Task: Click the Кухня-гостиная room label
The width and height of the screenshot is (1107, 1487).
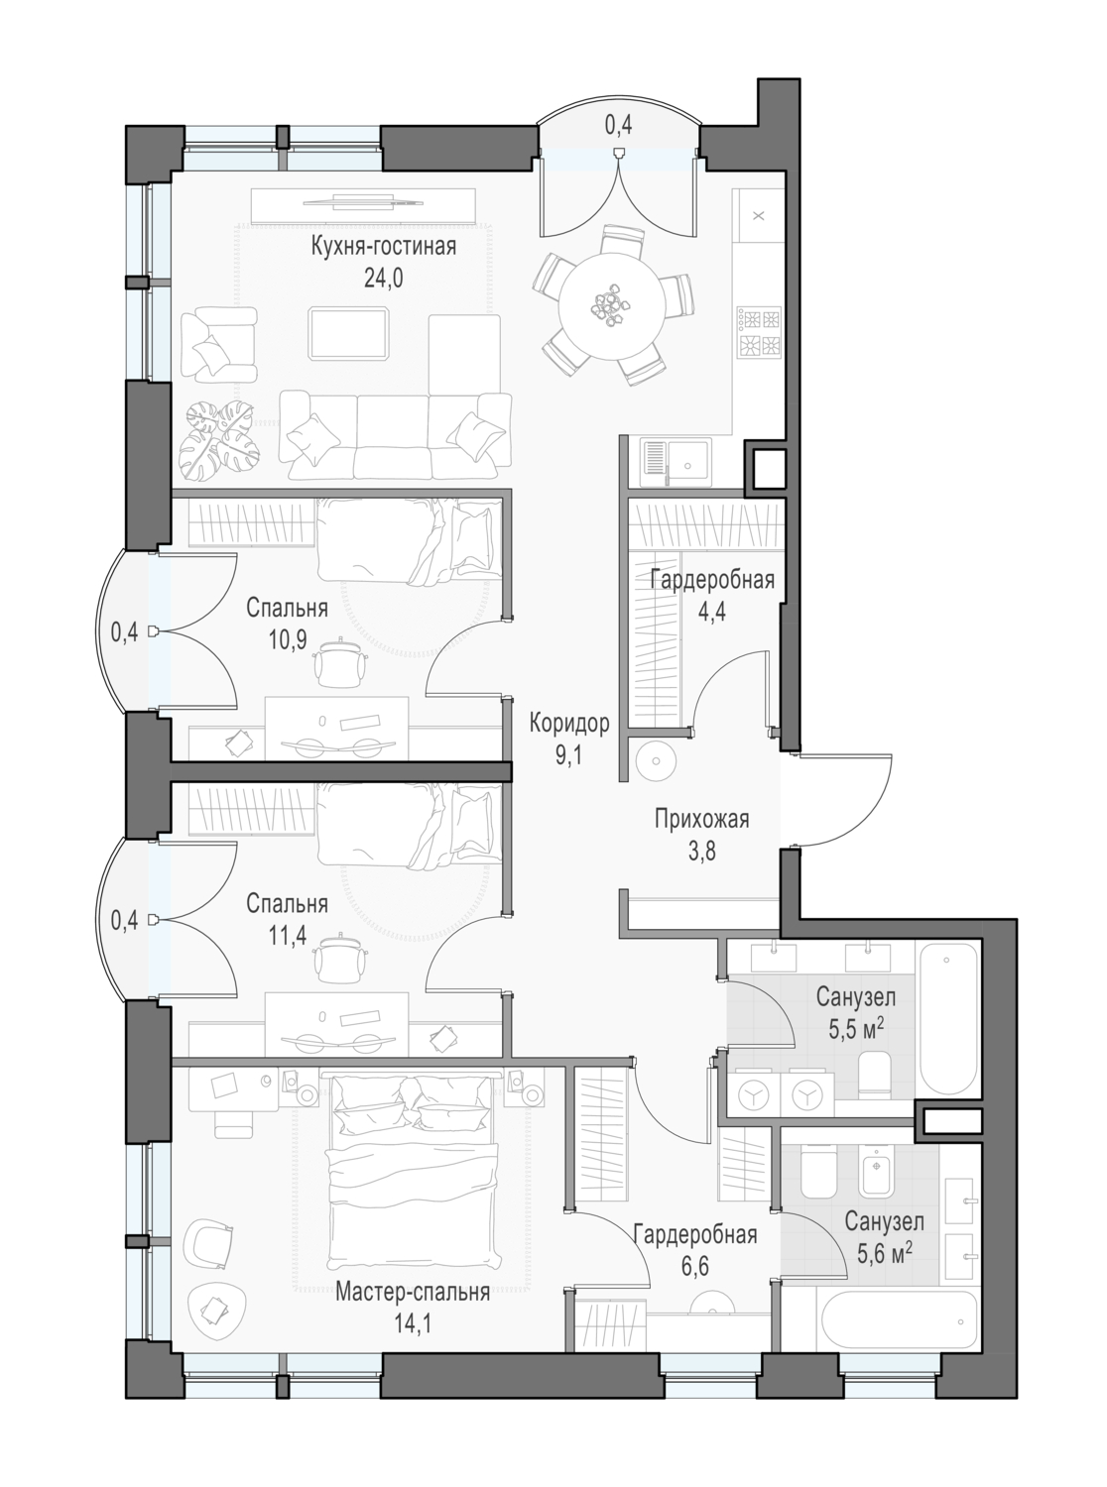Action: (383, 246)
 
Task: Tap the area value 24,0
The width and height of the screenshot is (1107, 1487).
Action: (383, 278)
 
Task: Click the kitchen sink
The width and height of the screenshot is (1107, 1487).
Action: (676, 463)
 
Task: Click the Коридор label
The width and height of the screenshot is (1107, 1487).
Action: (569, 724)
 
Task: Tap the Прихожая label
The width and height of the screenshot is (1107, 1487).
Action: (701, 819)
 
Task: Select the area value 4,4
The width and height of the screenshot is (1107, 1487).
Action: (711, 612)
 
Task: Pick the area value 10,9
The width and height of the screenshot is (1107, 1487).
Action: (287, 639)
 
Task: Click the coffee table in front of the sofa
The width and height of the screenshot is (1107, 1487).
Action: (349, 333)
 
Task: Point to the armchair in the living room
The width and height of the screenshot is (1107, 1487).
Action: (218, 346)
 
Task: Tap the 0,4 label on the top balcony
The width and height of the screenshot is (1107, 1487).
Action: (618, 125)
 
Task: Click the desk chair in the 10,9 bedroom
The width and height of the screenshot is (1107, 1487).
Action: (342, 664)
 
